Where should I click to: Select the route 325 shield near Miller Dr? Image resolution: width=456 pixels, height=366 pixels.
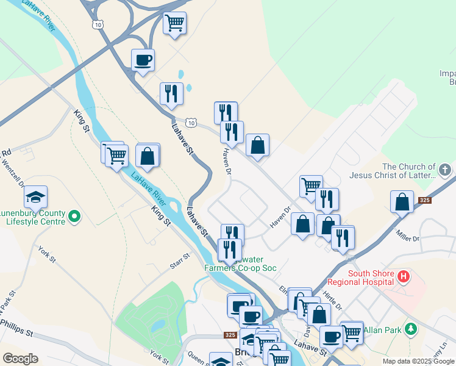[424, 199]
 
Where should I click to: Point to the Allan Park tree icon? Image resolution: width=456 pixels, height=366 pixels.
[411, 329]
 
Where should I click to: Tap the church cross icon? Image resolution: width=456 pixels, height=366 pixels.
[445, 169]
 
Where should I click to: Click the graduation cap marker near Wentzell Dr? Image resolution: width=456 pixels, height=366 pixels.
[36, 196]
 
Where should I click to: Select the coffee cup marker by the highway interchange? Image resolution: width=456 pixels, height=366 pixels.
[143, 60]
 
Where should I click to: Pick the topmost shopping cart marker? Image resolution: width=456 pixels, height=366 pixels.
[175, 23]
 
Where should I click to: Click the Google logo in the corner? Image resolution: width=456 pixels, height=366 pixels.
[20, 359]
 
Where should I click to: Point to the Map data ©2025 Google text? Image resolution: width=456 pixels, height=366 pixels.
[418, 361]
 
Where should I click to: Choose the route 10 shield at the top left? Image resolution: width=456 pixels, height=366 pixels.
[98, 24]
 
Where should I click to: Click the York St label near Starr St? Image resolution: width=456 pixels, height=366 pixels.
[46, 255]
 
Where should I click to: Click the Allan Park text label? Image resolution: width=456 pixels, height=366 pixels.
[384, 329]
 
